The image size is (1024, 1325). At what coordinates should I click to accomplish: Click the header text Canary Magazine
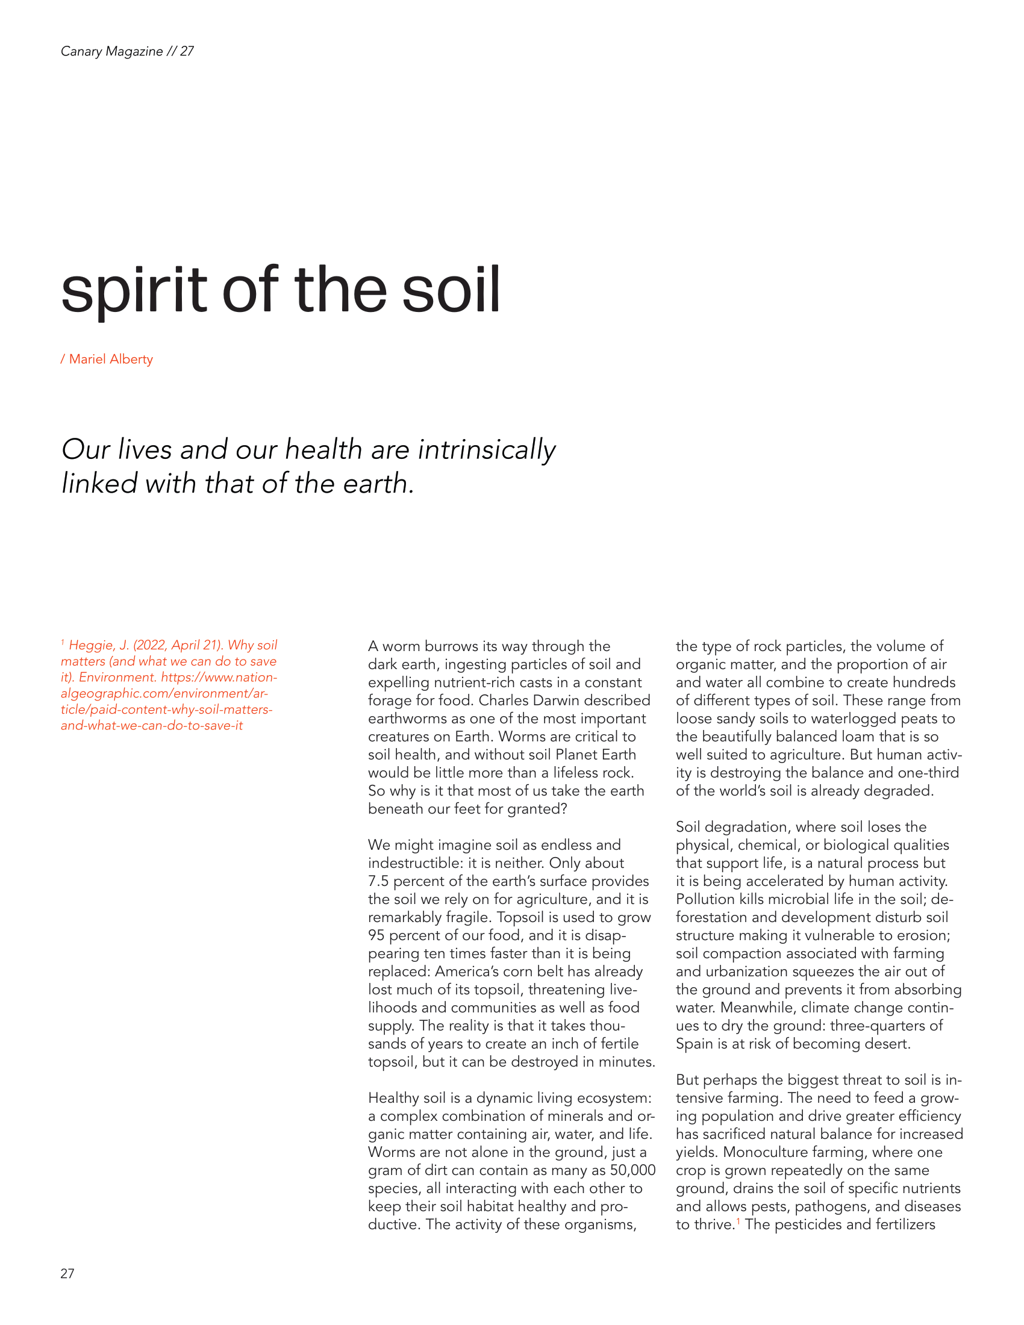click(111, 51)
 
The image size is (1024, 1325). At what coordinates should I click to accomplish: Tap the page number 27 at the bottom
click(67, 1273)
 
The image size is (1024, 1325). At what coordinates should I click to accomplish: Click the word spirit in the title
click(134, 291)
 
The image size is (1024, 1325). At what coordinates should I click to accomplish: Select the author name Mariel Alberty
click(111, 359)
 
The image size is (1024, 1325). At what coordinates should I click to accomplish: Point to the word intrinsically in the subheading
click(487, 450)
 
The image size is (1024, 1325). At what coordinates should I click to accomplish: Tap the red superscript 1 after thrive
click(738, 1221)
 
